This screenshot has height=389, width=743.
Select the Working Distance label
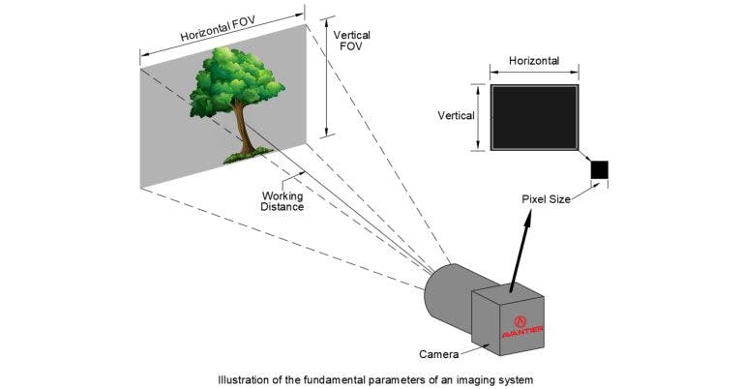point(282,200)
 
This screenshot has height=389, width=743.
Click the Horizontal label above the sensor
point(533,60)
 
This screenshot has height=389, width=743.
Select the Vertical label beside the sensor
point(456,115)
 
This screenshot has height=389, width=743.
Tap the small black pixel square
point(600,171)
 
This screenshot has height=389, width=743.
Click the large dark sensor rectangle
point(534,117)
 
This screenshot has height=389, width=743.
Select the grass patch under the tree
point(245,154)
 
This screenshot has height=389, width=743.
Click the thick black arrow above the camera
point(521,251)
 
